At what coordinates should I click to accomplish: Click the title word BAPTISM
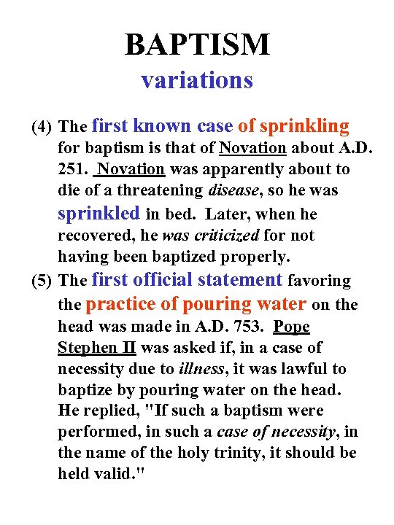[x=197, y=44]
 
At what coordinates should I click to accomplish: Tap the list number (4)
[x=41, y=128]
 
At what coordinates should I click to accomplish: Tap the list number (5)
[x=41, y=281]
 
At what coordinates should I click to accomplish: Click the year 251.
[x=72, y=169]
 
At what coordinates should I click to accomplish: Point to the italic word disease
[x=234, y=190]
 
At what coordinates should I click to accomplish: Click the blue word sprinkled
[x=98, y=213]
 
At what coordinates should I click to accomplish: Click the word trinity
[x=225, y=453]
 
